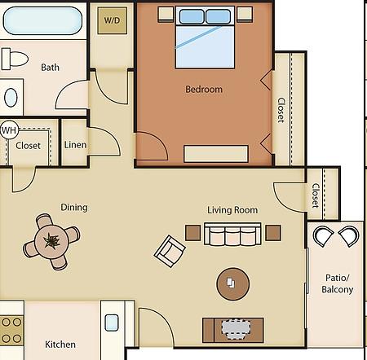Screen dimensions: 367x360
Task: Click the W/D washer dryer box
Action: (113, 20)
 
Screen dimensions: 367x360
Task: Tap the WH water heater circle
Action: (9, 130)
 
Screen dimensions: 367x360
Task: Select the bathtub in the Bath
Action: (42, 21)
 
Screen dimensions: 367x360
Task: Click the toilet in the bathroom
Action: (15, 59)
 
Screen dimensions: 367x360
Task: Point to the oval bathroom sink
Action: (11, 97)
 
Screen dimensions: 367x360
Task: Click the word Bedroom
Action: (204, 90)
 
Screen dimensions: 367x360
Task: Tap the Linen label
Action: (75, 145)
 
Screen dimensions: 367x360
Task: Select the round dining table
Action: (51, 241)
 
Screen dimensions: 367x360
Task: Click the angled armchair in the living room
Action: (170, 251)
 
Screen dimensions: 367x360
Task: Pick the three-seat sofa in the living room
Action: (232, 234)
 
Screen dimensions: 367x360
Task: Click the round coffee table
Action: (232, 284)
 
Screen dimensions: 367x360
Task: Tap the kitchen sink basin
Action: (112, 323)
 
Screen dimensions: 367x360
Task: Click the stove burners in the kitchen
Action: (11, 331)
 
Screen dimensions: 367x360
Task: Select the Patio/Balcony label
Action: (337, 283)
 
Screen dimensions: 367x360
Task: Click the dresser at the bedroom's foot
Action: (216, 154)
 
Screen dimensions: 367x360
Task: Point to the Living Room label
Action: (232, 210)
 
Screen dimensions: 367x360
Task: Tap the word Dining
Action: (74, 208)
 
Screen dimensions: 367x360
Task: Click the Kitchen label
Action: (60, 345)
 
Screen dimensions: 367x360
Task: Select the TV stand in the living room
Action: (233, 330)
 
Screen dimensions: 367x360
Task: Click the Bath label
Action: (50, 68)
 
